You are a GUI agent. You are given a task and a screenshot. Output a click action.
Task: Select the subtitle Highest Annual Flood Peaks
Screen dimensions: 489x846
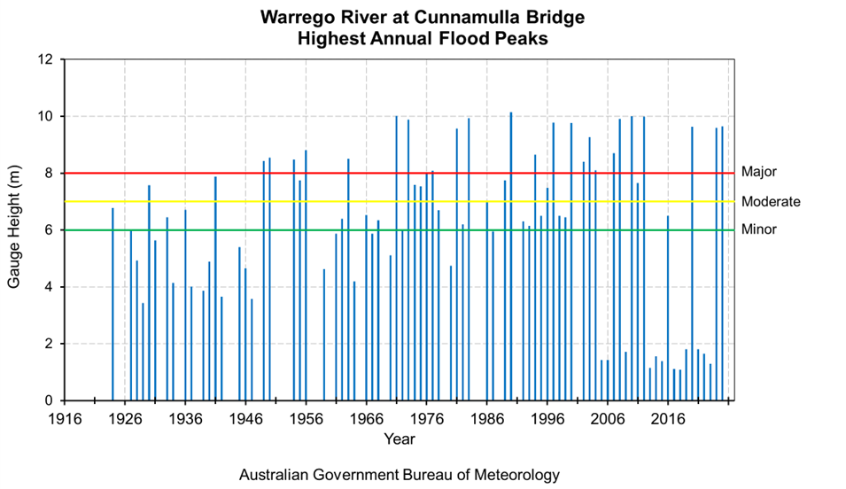pos(423,39)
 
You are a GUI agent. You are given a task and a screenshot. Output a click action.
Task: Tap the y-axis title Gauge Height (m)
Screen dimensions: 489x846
pos(15,230)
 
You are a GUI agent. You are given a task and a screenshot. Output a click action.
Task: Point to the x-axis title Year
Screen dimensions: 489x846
pos(400,439)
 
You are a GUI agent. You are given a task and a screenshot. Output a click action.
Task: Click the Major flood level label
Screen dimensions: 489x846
pos(758,172)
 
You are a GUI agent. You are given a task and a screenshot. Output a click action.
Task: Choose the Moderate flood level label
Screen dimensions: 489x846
pos(770,201)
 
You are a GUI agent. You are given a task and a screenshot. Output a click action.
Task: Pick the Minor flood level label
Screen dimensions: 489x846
pos(758,229)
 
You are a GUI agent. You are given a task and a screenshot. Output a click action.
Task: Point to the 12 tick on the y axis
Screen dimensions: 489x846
pos(45,60)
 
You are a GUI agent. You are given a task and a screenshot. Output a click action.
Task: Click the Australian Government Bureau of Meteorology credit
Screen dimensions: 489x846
pos(400,475)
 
